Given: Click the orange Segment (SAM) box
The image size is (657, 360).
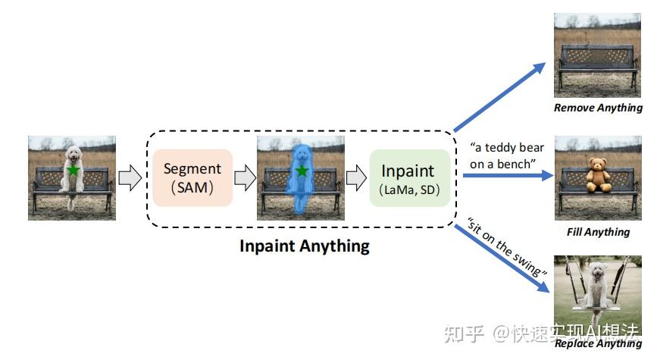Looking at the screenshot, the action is point(192,177).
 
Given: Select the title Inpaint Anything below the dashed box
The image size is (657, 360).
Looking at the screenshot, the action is point(305,246).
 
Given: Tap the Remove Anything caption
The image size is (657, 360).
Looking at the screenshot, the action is point(598,108).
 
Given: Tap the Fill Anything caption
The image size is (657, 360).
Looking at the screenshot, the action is point(598,232).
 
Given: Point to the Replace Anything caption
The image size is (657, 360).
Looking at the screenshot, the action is point(598,344).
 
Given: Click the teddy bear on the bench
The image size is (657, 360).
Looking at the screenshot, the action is point(598,176).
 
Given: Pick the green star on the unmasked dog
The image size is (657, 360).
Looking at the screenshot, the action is point(73,171).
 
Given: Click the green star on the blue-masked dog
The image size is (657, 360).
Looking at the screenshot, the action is point(302,171).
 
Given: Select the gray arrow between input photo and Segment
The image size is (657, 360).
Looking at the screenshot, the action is point(131,178).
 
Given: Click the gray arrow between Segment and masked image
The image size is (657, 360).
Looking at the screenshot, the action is point(244,178).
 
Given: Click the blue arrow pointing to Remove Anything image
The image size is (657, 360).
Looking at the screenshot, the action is point(500,95).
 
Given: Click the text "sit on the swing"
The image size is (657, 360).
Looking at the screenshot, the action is point(507,248).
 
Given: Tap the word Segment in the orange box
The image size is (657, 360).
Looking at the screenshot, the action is point(192,168).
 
